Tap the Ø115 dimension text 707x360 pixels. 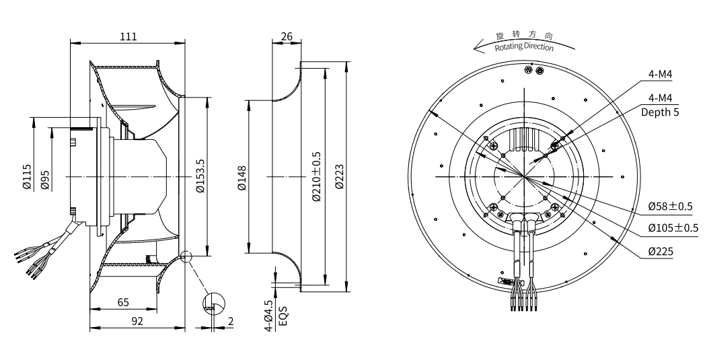pyautogui.click(x=27, y=177)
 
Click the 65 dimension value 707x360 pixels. pyautogui.click(x=123, y=303)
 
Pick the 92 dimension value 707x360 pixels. pyautogui.click(x=137, y=322)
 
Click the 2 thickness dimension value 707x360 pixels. pyautogui.click(x=230, y=322)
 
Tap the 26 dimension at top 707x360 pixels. pyautogui.click(x=286, y=36)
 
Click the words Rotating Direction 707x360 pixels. pyautogui.click(x=524, y=48)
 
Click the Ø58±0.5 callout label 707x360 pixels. pyautogui.click(x=673, y=205)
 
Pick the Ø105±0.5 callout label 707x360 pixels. pyautogui.click(x=673, y=227)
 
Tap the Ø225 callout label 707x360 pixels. pyautogui.click(x=663, y=251)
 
